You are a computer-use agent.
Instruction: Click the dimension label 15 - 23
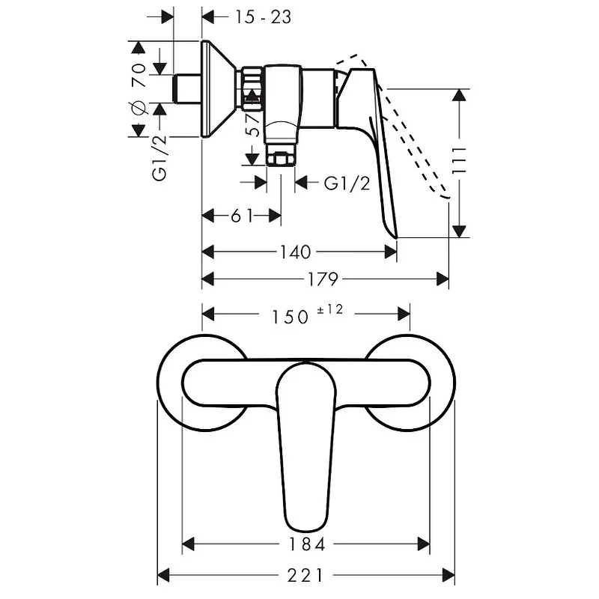pyautogui.click(x=263, y=17)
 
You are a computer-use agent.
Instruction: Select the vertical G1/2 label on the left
pyautogui.click(x=159, y=158)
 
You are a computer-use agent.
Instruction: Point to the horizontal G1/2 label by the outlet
pyautogui.click(x=347, y=183)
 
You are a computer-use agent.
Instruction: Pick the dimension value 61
pyautogui.click(x=242, y=216)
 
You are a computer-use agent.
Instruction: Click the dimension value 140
pyautogui.click(x=295, y=252)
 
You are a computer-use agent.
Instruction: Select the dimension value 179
pyautogui.click(x=323, y=279)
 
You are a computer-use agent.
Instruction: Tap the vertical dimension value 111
pyautogui.click(x=459, y=160)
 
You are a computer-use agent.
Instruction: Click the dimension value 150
pyautogui.click(x=290, y=317)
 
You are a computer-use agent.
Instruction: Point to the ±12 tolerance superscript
pyautogui.click(x=329, y=309)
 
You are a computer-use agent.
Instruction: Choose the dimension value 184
pyautogui.click(x=307, y=544)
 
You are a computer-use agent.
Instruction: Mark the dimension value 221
pyautogui.click(x=305, y=575)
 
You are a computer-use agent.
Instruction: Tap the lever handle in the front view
pyautogui.click(x=305, y=446)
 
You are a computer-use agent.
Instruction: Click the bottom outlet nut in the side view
pyautogui.click(x=280, y=159)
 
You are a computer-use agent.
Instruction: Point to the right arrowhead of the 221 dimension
pyautogui.click(x=449, y=575)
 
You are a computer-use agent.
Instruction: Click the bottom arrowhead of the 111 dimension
pyautogui.click(x=459, y=231)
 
